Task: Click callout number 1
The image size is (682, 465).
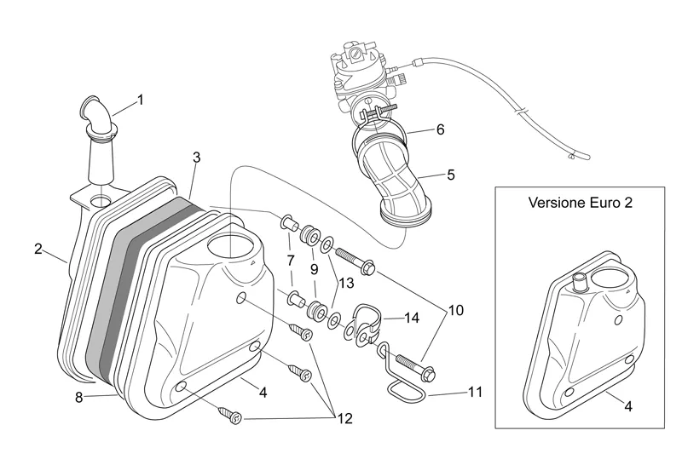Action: pos(140,99)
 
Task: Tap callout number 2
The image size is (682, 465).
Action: pos(38,249)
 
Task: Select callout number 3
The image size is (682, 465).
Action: pos(196,158)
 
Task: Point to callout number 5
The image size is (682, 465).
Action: pos(451,175)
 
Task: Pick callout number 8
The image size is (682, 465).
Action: pos(80,396)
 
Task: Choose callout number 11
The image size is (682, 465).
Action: pos(475,393)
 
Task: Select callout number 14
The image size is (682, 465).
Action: pos(412,318)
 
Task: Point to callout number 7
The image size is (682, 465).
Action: pos(290,259)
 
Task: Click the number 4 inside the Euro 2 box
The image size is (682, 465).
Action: pos(628,406)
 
